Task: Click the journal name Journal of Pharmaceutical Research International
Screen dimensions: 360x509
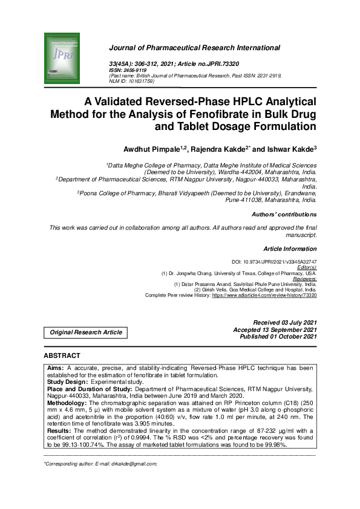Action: (194, 47)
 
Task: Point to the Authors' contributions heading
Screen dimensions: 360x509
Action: (284, 215)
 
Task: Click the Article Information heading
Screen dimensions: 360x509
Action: (290, 249)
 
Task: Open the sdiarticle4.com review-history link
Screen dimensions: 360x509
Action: (264, 295)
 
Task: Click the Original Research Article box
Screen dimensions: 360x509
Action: (85, 332)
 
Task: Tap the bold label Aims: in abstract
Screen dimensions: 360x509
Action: (56, 368)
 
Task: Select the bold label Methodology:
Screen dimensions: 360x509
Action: (68, 401)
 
